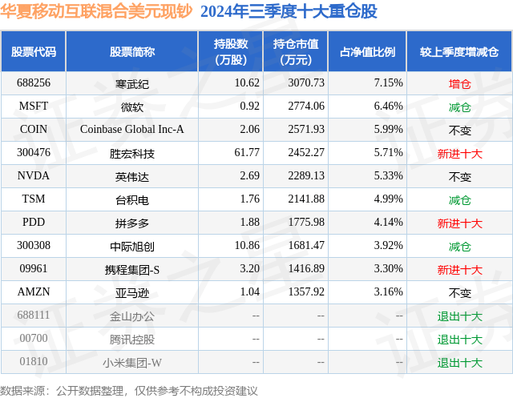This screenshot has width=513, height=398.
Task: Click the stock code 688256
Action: click(34, 83)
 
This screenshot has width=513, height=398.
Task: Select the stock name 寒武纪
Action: click(132, 83)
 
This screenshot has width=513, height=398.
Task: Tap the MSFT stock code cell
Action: click(34, 106)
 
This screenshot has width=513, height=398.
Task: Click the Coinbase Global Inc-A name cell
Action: click(132, 129)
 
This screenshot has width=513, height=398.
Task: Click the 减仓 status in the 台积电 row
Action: click(459, 199)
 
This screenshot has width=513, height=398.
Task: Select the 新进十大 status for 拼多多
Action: click(459, 223)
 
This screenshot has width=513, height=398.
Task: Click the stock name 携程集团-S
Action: click(132, 270)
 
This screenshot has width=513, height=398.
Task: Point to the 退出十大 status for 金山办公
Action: click(459, 316)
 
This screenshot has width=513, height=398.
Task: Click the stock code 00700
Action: click(34, 340)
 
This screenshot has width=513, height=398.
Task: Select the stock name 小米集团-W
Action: click(132, 363)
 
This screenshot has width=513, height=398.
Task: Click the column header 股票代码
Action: click(34, 52)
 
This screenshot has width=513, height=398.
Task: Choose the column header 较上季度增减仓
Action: click(458, 52)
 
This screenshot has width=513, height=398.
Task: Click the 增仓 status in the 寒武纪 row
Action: click(459, 83)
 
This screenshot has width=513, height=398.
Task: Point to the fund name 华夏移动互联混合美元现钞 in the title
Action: click(96, 12)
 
